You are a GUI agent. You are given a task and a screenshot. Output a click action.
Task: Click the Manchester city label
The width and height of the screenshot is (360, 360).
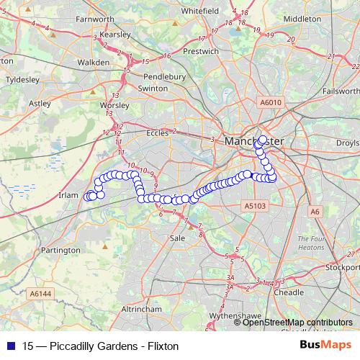(253, 141)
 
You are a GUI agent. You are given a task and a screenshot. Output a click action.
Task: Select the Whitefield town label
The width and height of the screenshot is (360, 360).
(201, 12)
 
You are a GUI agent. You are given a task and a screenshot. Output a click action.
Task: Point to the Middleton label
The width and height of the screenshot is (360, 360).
(303, 19)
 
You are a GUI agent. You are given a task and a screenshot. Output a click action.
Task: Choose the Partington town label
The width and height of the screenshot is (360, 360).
(60, 250)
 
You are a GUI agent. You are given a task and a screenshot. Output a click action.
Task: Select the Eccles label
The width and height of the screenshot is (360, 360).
(157, 132)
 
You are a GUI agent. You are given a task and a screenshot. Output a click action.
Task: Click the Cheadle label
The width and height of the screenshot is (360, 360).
(289, 293)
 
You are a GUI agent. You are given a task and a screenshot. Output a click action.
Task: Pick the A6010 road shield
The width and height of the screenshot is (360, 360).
(271, 103)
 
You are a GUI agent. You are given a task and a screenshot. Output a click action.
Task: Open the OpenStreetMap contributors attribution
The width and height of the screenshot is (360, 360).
(297, 323)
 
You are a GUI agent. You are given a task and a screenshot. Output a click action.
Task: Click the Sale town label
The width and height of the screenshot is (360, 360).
(177, 238)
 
